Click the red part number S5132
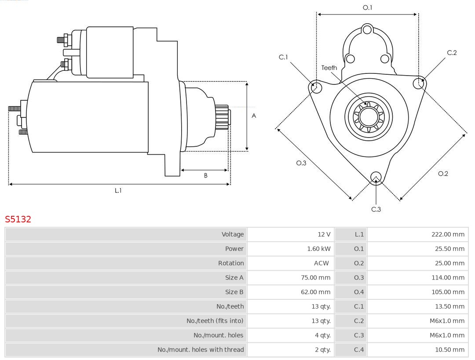pos(18,219)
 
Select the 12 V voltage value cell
pos(324,234)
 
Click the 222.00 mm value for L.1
pos(447,234)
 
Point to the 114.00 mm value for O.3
pos(447,277)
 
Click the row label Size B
pos(234,292)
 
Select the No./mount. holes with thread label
pos(201,349)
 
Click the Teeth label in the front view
pos(329,68)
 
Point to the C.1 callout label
pos(283,57)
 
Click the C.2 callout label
pos(452,53)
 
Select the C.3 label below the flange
pos(376,209)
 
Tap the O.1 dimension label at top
pos(367,7)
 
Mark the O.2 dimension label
pos(443,174)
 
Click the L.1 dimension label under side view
pos(118,190)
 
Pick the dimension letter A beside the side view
pos(254,116)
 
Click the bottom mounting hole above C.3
pos(376,177)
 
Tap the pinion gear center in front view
pos(369,116)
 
